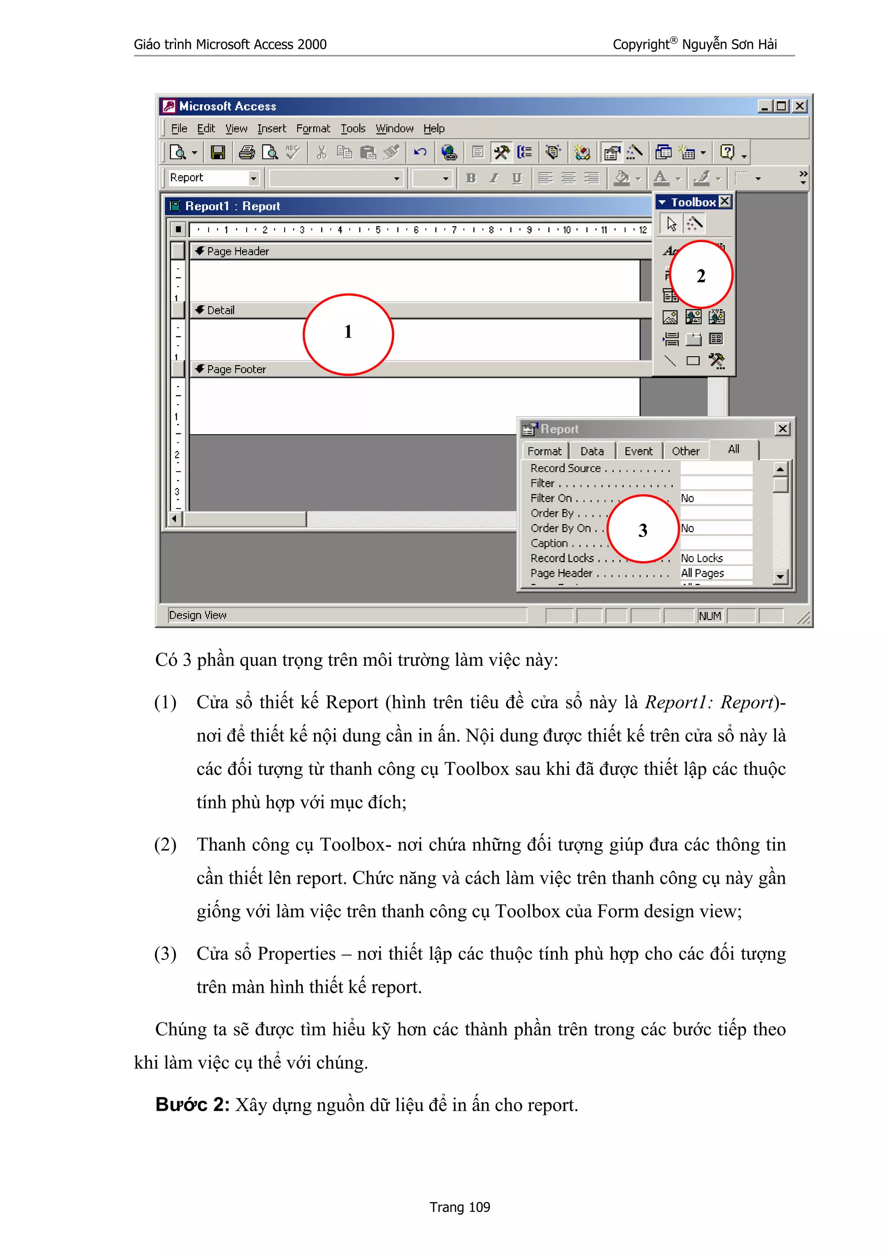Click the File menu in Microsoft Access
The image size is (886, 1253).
click(179, 129)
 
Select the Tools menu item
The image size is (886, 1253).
click(353, 129)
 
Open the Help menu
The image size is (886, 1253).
click(434, 129)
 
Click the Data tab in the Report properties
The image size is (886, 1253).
click(592, 451)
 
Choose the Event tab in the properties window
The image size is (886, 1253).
click(638, 451)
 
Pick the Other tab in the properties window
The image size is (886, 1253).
click(685, 451)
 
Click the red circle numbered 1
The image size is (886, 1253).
click(348, 334)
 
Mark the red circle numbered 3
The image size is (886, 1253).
click(643, 529)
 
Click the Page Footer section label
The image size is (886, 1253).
click(236, 370)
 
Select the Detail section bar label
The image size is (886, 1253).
click(221, 310)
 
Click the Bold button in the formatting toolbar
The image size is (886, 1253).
click(471, 178)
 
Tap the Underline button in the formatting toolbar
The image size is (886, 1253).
click(517, 178)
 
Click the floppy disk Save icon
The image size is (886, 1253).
click(218, 152)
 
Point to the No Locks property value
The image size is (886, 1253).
click(702, 558)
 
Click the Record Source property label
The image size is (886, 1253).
click(565, 468)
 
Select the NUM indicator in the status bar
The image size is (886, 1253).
click(709, 616)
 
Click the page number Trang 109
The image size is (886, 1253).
click(459, 1207)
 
